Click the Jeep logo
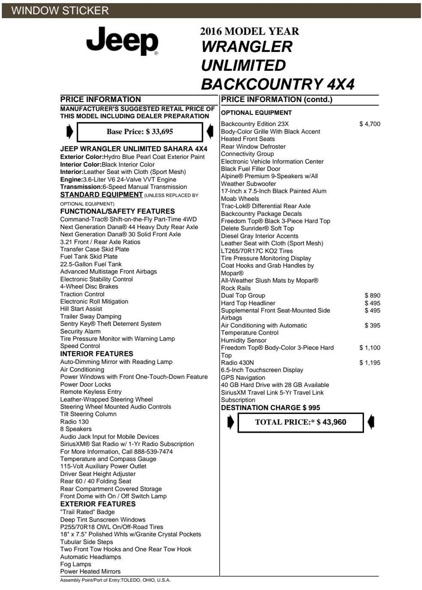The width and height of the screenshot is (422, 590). pos(122,41)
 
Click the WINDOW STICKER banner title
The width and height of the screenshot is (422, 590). pos(60,11)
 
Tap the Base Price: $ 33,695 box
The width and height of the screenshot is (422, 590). pos(139,132)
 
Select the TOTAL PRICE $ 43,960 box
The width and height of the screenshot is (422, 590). pos(300,422)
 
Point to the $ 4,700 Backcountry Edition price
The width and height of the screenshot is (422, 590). pos(370,124)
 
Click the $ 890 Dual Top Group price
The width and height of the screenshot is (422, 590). pos(372,296)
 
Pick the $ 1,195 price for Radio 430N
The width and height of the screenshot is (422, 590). pos(370,363)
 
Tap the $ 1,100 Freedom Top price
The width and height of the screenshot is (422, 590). pos(370,348)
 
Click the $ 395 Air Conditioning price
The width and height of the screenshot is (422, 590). pos(372,325)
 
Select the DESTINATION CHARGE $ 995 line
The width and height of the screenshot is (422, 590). pos(270,408)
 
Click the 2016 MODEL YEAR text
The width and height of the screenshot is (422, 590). pos(249,31)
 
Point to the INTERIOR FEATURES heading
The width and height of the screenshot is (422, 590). pos(97,354)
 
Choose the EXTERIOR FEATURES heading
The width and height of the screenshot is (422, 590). pos(98,504)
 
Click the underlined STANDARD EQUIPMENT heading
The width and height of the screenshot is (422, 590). pos(102,195)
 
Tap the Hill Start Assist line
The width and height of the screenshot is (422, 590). pos(81,309)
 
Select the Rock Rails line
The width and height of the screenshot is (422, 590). pos(236,288)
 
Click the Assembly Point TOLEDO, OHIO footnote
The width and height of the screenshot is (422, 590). pos(115,580)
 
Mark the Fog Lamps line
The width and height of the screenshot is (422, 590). pos(75,564)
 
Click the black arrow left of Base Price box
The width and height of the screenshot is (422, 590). pos(70,132)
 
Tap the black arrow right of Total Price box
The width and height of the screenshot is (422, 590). pos(371,422)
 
